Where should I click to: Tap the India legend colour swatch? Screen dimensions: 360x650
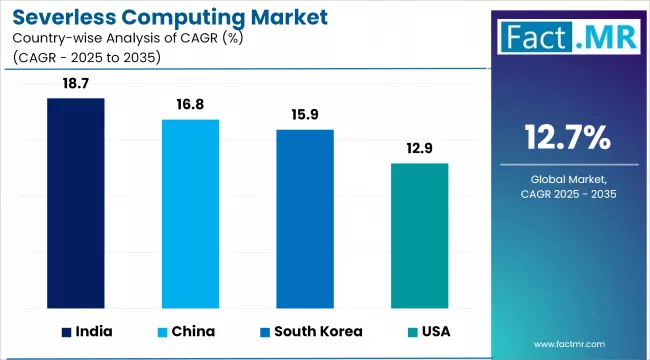(x=66, y=332)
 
